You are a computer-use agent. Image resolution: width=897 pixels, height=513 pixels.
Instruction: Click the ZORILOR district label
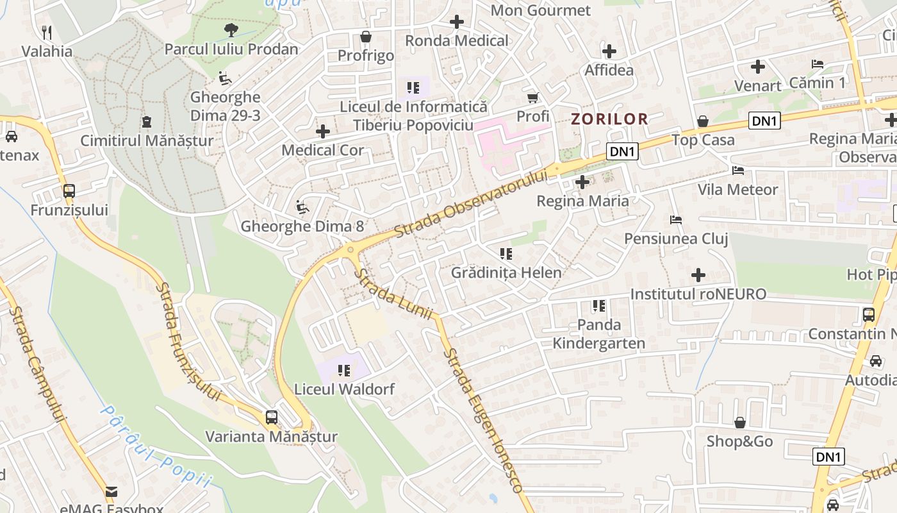(609, 119)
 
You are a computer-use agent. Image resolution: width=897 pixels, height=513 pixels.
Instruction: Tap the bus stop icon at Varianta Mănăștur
(272, 417)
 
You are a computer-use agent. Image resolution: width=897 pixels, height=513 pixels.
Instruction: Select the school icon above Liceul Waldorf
(345, 370)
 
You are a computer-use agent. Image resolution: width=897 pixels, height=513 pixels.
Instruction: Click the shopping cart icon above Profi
(532, 97)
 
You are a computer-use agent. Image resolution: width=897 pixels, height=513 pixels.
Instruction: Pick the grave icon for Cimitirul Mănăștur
(147, 121)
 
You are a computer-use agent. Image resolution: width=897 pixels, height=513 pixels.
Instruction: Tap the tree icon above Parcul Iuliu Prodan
(231, 29)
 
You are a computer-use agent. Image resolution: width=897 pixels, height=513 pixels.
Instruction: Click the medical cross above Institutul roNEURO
(698, 275)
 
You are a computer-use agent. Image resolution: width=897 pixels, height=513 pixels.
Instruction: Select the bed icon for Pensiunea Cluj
(676, 220)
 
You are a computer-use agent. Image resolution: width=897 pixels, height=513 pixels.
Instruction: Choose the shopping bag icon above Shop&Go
(739, 423)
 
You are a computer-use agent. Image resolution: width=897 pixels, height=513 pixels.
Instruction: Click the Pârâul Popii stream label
(156, 446)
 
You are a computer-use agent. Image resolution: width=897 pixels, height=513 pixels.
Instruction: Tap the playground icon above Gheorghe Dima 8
(301, 207)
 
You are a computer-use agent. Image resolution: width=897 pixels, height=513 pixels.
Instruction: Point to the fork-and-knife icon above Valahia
(47, 32)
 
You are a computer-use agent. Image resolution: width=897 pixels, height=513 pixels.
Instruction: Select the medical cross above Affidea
(609, 51)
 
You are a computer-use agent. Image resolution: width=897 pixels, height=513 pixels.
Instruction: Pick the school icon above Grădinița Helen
(506, 254)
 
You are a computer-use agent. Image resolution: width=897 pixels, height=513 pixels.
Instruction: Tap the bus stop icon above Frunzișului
(69, 191)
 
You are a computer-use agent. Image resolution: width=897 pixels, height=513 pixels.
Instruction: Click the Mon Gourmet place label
(540, 10)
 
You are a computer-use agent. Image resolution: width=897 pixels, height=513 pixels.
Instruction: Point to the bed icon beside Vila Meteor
(738, 171)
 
